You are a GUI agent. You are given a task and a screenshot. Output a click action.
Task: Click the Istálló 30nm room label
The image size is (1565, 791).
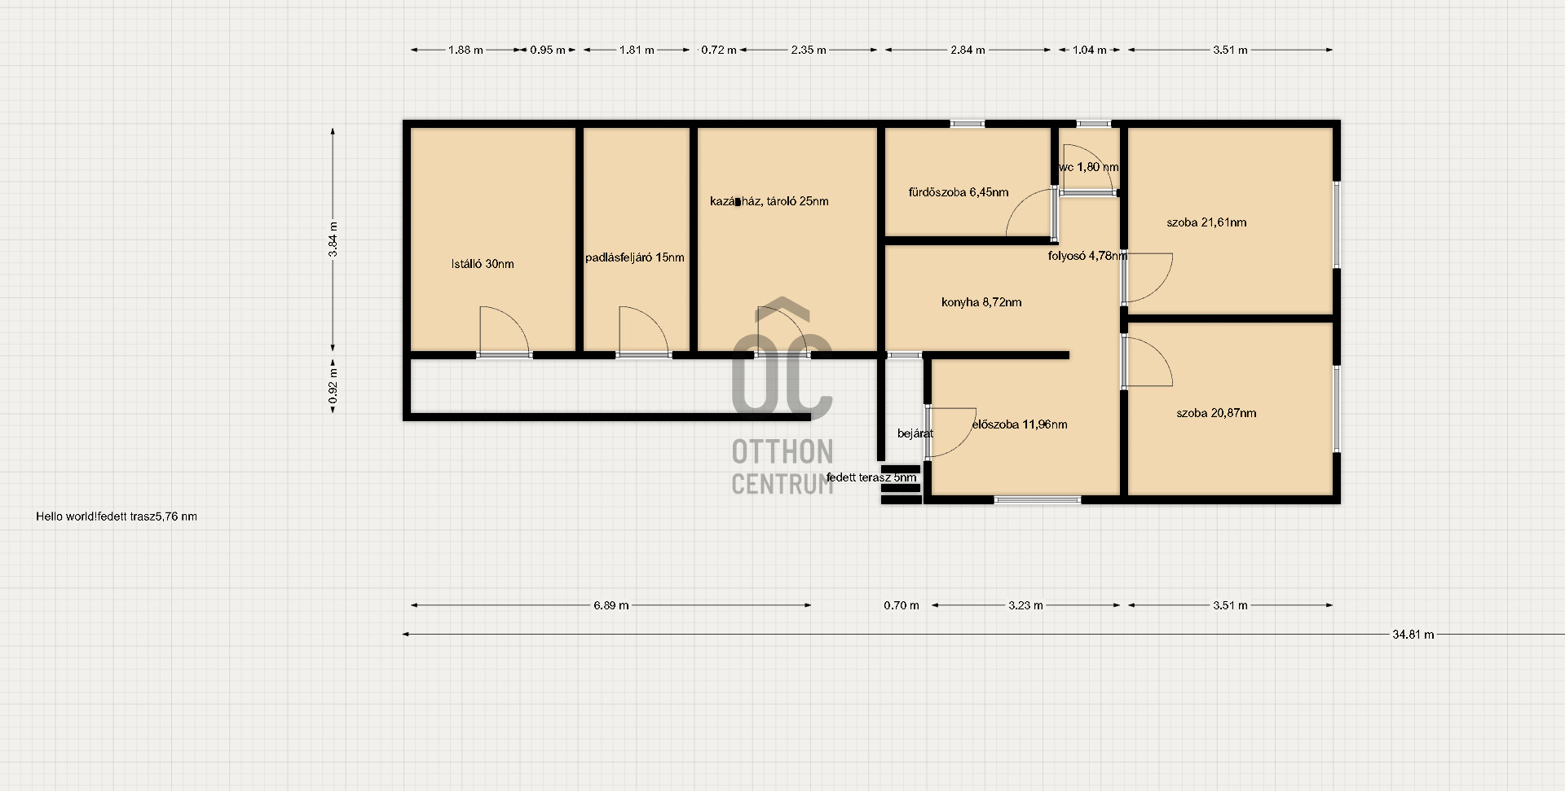coord(483,264)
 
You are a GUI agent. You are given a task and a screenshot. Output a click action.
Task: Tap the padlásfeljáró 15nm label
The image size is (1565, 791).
coord(635,257)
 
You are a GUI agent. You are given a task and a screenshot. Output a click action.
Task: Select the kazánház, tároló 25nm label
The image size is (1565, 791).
coord(769,201)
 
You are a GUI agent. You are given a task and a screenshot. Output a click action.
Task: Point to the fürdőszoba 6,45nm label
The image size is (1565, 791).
coord(959,192)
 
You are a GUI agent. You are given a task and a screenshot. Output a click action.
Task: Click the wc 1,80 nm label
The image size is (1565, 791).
coord(1088,167)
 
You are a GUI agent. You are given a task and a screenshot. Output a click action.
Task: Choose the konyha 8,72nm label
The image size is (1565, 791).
coord(981,302)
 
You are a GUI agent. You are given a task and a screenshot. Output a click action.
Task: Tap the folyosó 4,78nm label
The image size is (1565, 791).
coord(1088,256)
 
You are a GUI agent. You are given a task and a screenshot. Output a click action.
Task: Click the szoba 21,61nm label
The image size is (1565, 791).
coord(1206,222)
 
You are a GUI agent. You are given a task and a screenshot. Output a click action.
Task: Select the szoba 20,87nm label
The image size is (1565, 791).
coord(1216,413)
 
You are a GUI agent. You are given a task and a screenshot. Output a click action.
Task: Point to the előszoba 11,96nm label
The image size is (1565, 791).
coord(1020,424)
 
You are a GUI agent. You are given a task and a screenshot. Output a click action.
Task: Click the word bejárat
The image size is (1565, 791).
coord(915,433)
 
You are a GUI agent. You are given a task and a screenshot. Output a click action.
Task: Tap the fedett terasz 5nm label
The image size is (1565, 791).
coord(871,477)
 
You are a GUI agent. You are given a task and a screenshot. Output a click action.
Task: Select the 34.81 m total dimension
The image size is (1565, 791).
coord(1413,635)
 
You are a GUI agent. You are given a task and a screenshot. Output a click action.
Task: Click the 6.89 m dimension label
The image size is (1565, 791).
coord(611,605)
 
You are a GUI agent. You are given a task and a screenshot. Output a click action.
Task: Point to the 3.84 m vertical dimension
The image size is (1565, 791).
coord(333,239)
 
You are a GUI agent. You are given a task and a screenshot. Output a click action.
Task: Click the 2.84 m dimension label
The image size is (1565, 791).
coord(968,50)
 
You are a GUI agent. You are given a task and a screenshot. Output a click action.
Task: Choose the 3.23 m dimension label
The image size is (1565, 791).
coord(1025,605)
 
